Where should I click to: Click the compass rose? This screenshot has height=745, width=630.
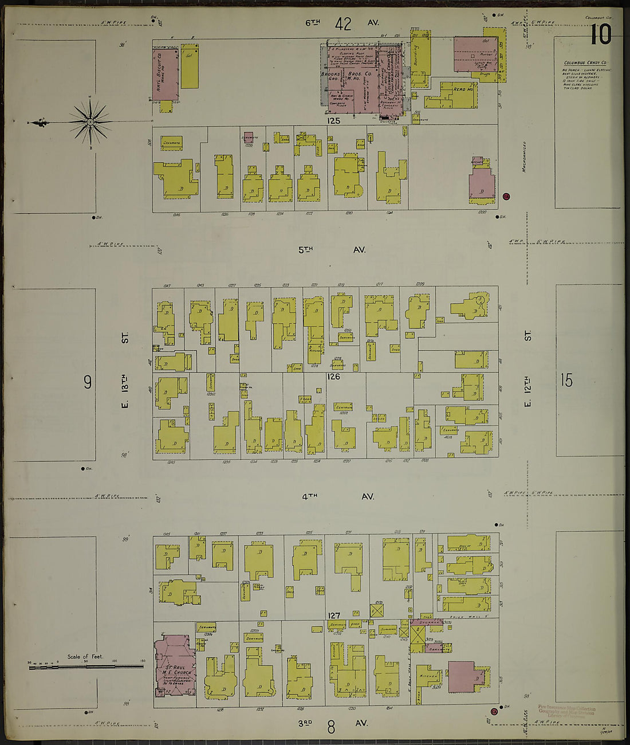click(x=90, y=121)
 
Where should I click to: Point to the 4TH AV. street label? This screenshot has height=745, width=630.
click(x=337, y=497)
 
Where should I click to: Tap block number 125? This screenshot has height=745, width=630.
click(x=333, y=121)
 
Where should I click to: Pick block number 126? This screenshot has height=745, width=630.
click(x=333, y=377)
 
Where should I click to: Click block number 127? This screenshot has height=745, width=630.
click(x=334, y=616)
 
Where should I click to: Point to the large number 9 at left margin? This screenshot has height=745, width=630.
click(x=88, y=382)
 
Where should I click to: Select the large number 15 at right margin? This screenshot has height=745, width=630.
click(x=566, y=381)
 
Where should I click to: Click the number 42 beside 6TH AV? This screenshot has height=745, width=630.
click(x=343, y=24)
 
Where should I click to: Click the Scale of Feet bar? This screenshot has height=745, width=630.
click(x=86, y=665)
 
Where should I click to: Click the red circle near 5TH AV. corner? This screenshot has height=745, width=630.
click(x=506, y=197)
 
